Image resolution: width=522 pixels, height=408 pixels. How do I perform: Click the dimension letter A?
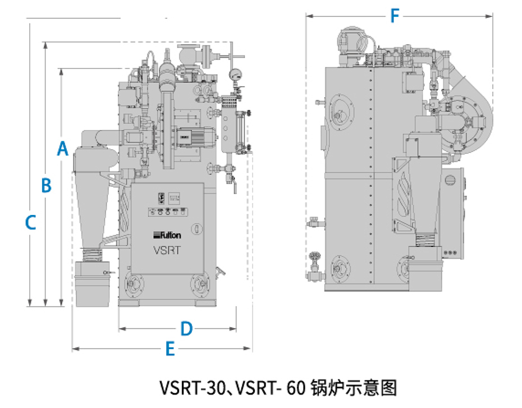63,149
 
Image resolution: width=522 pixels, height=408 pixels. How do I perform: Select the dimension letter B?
47,185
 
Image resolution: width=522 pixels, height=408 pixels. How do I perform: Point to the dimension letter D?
186,328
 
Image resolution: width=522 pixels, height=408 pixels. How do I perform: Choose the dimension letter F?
395,17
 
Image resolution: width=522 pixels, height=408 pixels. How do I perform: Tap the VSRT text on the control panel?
167,250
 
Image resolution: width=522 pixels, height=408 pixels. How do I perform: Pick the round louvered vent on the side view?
450,180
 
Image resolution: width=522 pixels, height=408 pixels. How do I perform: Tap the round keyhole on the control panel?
196,228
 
